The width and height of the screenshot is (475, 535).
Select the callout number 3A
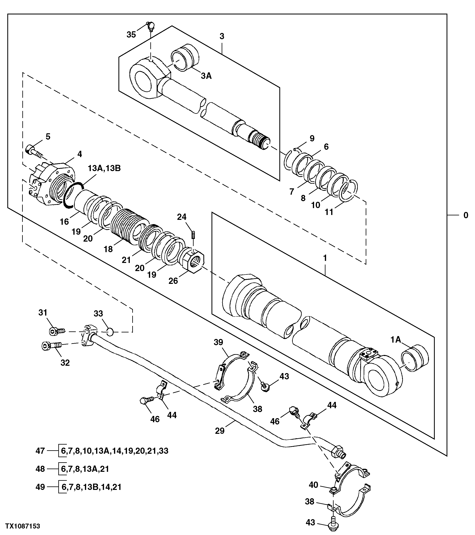coord(206,76)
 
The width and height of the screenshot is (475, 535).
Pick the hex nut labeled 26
coord(194,260)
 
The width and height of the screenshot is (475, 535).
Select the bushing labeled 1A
coord(415,358)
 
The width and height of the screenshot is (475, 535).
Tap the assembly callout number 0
coord(466,215)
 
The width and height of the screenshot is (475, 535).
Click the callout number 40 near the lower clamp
coord(313,485)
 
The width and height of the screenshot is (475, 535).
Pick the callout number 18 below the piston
coord(108,249)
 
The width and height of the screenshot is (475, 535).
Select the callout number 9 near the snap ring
coord(312,138)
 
